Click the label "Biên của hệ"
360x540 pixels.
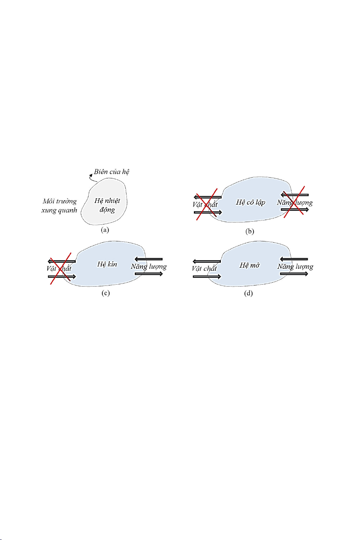111,172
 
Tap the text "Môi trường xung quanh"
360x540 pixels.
59,206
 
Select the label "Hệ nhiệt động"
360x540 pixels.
107,205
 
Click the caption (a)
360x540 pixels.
105,230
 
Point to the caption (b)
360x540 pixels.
249,232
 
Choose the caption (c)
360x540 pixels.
105,293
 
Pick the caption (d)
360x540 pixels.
249,293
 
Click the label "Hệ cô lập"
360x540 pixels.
250,203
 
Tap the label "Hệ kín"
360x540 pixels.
107,264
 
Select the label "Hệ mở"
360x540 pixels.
249,265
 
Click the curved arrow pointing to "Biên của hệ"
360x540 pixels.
90,178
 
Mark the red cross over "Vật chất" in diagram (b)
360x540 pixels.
207,204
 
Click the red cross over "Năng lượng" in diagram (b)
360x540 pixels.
294,201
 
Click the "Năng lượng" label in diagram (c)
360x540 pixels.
149,266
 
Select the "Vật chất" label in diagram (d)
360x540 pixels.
204,268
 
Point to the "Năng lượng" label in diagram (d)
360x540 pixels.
295,266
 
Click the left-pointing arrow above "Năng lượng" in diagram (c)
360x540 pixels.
149,259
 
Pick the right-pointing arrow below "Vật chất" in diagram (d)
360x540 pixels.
207,276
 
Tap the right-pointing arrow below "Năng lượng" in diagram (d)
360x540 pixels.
294,274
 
